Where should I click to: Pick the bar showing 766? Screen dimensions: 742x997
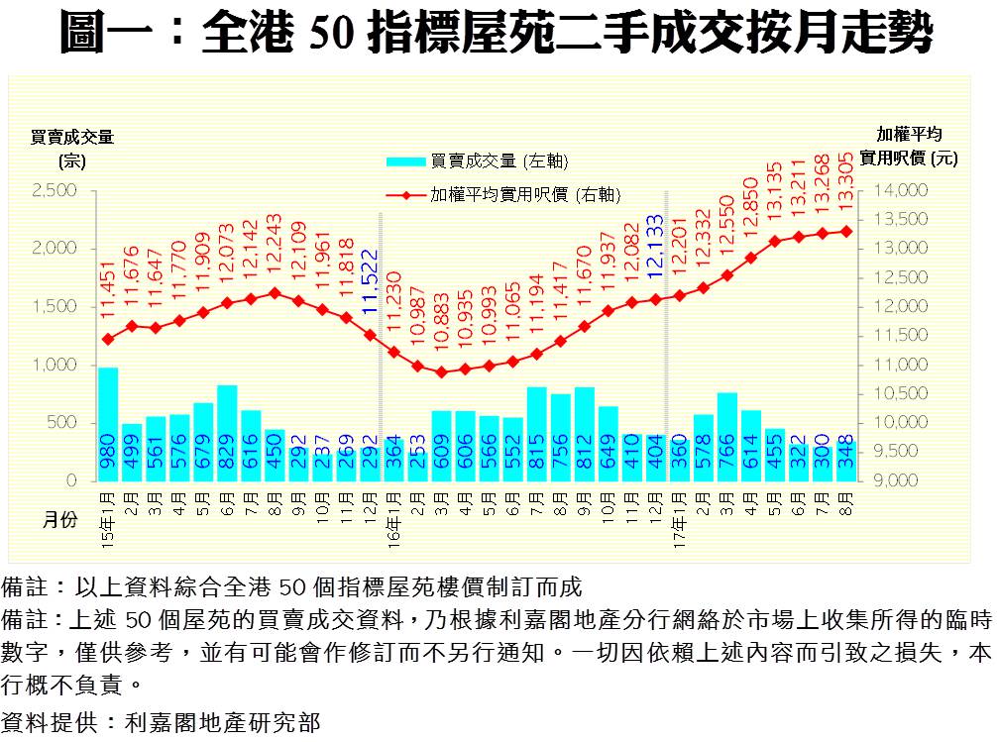click(726, 437)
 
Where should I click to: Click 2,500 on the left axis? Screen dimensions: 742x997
click(54, 190)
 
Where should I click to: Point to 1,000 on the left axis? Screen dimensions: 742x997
click(54, 365)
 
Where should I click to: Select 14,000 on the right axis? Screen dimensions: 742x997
click(901, 190)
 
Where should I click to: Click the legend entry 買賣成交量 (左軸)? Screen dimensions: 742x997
click(476, 161)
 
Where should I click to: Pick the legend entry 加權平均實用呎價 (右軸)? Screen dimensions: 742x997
click(500, 195)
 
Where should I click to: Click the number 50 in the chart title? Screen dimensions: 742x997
click(331, 35)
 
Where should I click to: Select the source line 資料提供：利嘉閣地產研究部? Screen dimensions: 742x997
click(162, 722)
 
